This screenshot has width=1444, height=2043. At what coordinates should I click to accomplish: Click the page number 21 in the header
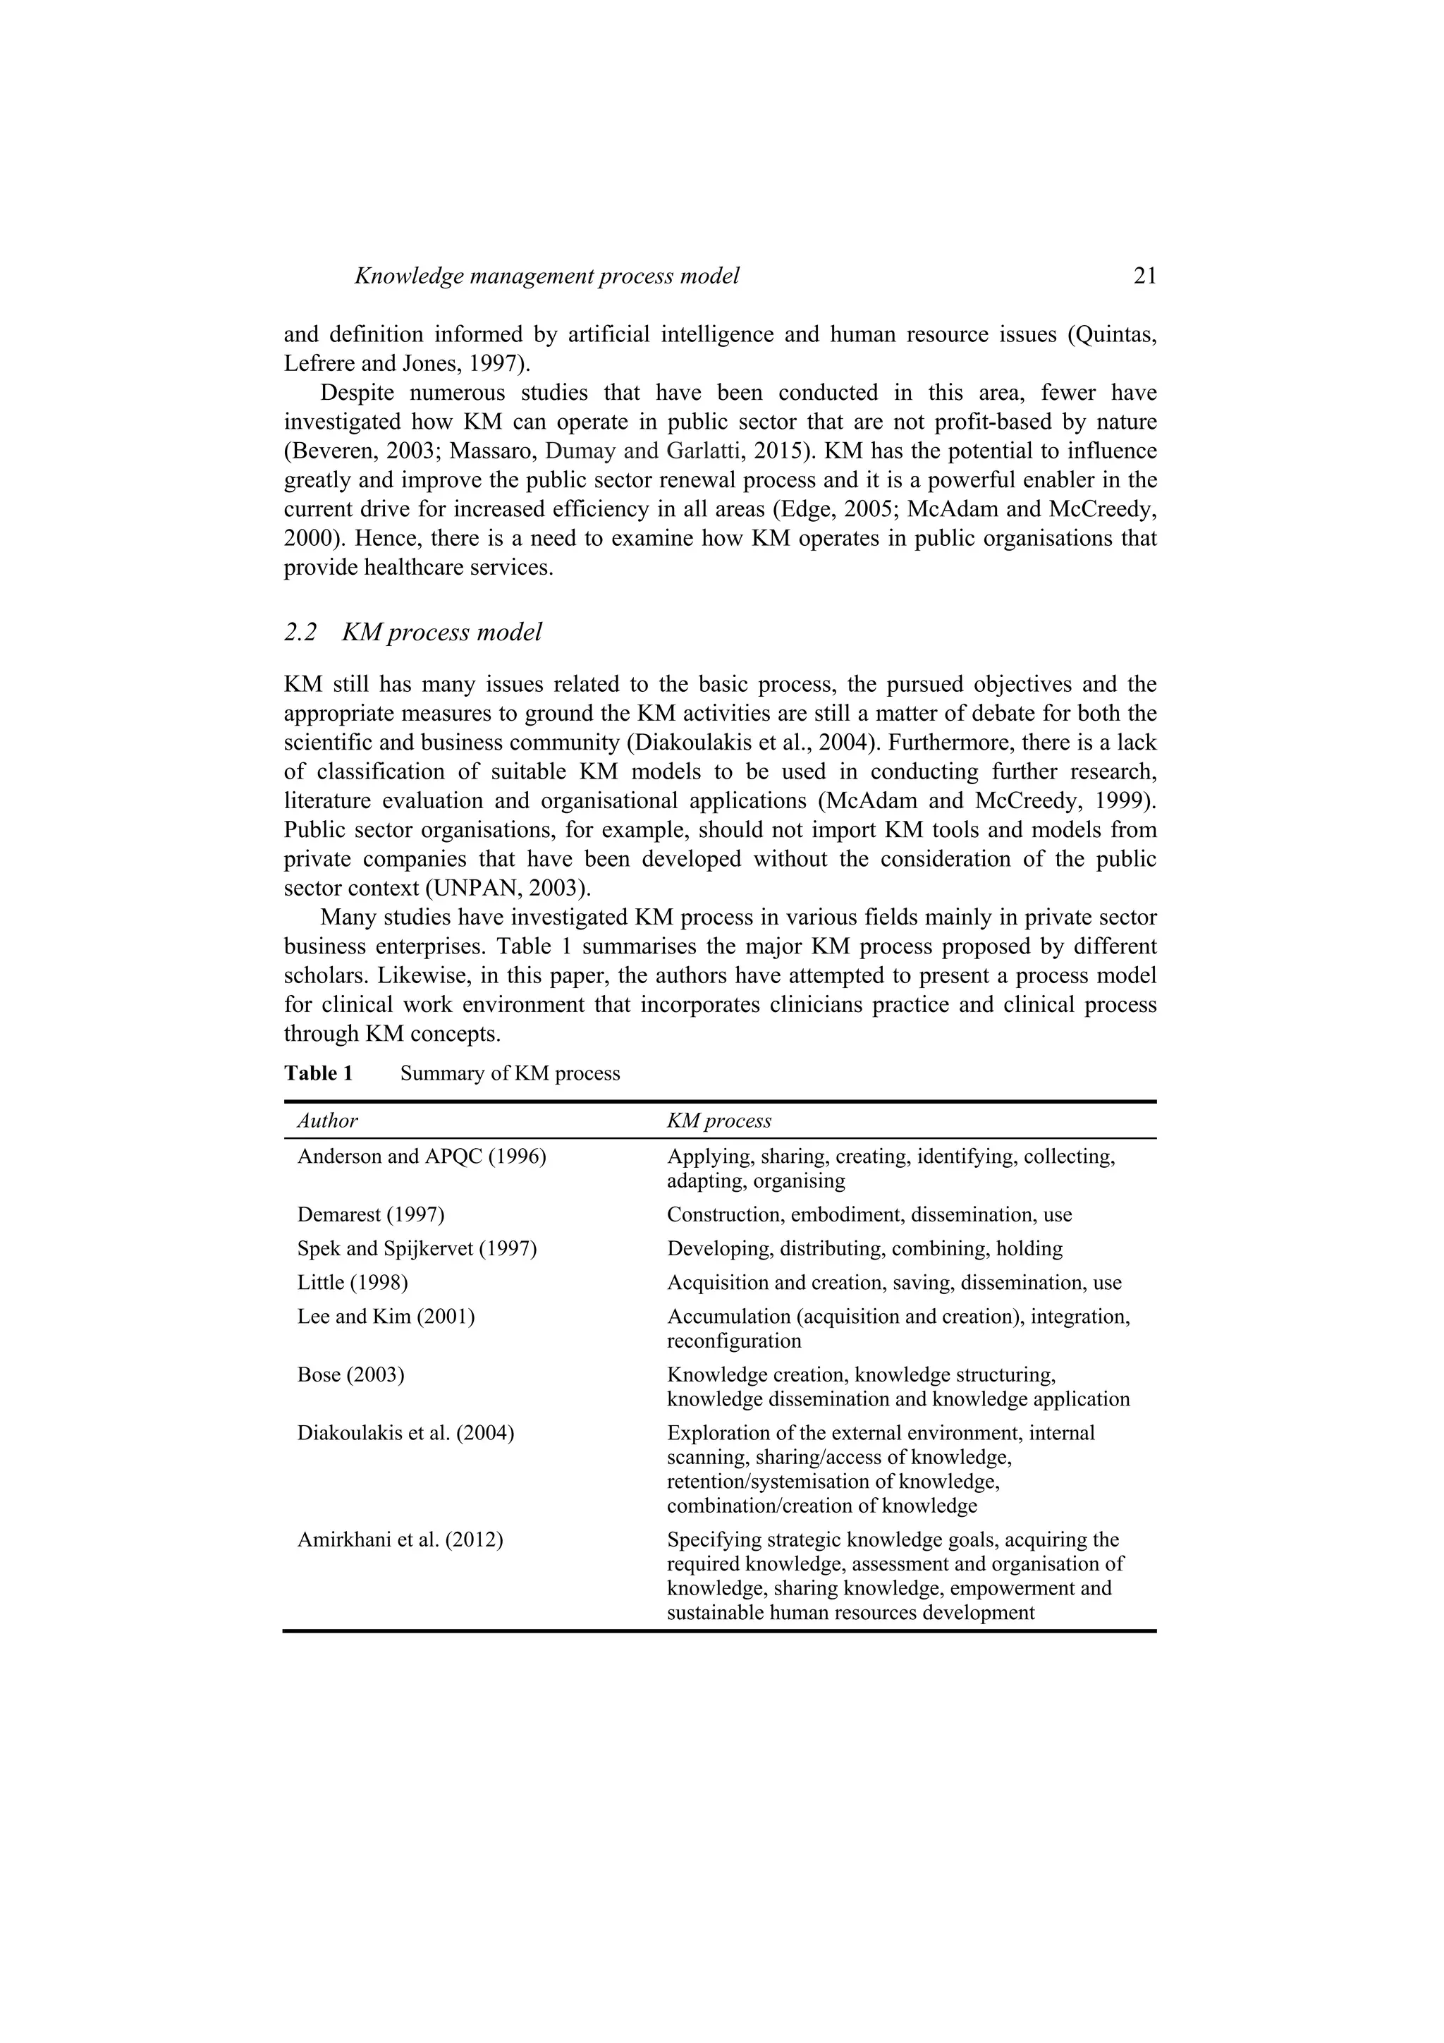click(1144, 276)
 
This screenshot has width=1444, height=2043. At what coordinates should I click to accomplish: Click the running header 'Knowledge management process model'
click(546, 276)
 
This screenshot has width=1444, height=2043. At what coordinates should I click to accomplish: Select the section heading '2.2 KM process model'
click(413, 632)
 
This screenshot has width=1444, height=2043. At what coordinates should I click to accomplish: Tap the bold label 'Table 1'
click(319, 1073)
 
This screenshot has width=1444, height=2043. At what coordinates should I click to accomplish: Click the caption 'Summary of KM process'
click(510, 1073)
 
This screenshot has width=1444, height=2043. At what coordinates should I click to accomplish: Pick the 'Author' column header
click(327, 1121)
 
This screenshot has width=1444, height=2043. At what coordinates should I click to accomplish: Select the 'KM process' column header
click(719, 1121)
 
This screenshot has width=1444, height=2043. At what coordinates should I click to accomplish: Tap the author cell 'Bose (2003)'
click(350, 1374)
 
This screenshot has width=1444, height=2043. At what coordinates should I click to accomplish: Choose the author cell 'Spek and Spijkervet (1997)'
click(417, 1248)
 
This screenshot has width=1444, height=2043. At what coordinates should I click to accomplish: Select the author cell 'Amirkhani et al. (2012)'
click(400, 1539)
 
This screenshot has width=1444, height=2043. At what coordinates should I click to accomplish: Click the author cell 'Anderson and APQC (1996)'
click(421, 1157)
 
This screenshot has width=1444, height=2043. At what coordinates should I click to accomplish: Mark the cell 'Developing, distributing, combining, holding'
click(864, 1248)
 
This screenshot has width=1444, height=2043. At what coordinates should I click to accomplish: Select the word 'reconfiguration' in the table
click(734, 1340)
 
